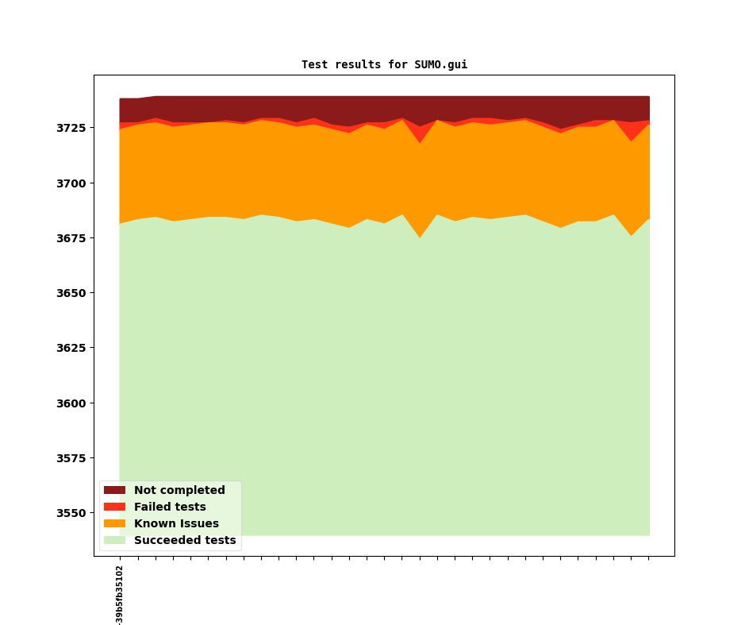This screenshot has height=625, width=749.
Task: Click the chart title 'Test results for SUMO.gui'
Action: coord(384,65)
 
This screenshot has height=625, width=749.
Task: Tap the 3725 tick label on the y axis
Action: coord(72,128)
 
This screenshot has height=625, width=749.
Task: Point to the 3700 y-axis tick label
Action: coord(72,183)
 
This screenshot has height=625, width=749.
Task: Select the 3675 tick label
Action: coord(72,238)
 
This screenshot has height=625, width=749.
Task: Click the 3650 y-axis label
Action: coord(72,293)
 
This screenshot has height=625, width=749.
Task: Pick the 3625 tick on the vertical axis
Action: coord(72,348)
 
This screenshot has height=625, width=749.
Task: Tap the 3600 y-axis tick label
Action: coord(72,403)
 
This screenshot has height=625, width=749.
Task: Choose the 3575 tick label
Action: coord(72,458)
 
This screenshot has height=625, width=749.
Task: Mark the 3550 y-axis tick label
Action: coord(72,513)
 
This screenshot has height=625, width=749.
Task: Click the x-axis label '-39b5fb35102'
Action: coord(120,595)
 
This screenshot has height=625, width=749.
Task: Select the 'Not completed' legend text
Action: coord(179,491)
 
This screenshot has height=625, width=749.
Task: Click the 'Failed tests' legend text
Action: coord(170,507)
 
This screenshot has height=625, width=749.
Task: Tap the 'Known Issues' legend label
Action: coord(176,524)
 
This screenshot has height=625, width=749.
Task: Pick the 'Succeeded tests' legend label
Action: coord(185,541)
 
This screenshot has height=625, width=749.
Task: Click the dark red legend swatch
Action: coord(114,491)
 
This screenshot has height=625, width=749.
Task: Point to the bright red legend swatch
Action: coord(114,507)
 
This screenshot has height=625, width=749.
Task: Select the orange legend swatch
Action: coord(114,524)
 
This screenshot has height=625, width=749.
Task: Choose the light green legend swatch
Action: coord(114,541)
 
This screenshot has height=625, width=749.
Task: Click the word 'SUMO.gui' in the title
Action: coord(440,65)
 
